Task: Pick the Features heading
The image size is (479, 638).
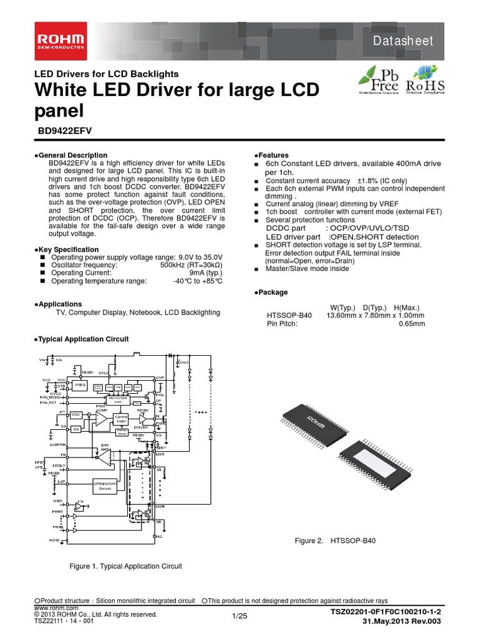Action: (271, 155)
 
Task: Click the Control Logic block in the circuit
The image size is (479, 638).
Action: (122, 418)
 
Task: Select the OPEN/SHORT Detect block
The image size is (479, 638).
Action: (105, 485)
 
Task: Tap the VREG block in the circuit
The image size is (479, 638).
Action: (80, 386)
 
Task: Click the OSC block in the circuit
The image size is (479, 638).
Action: (76, 414)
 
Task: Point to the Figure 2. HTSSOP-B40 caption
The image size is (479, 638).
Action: (335, 541)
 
